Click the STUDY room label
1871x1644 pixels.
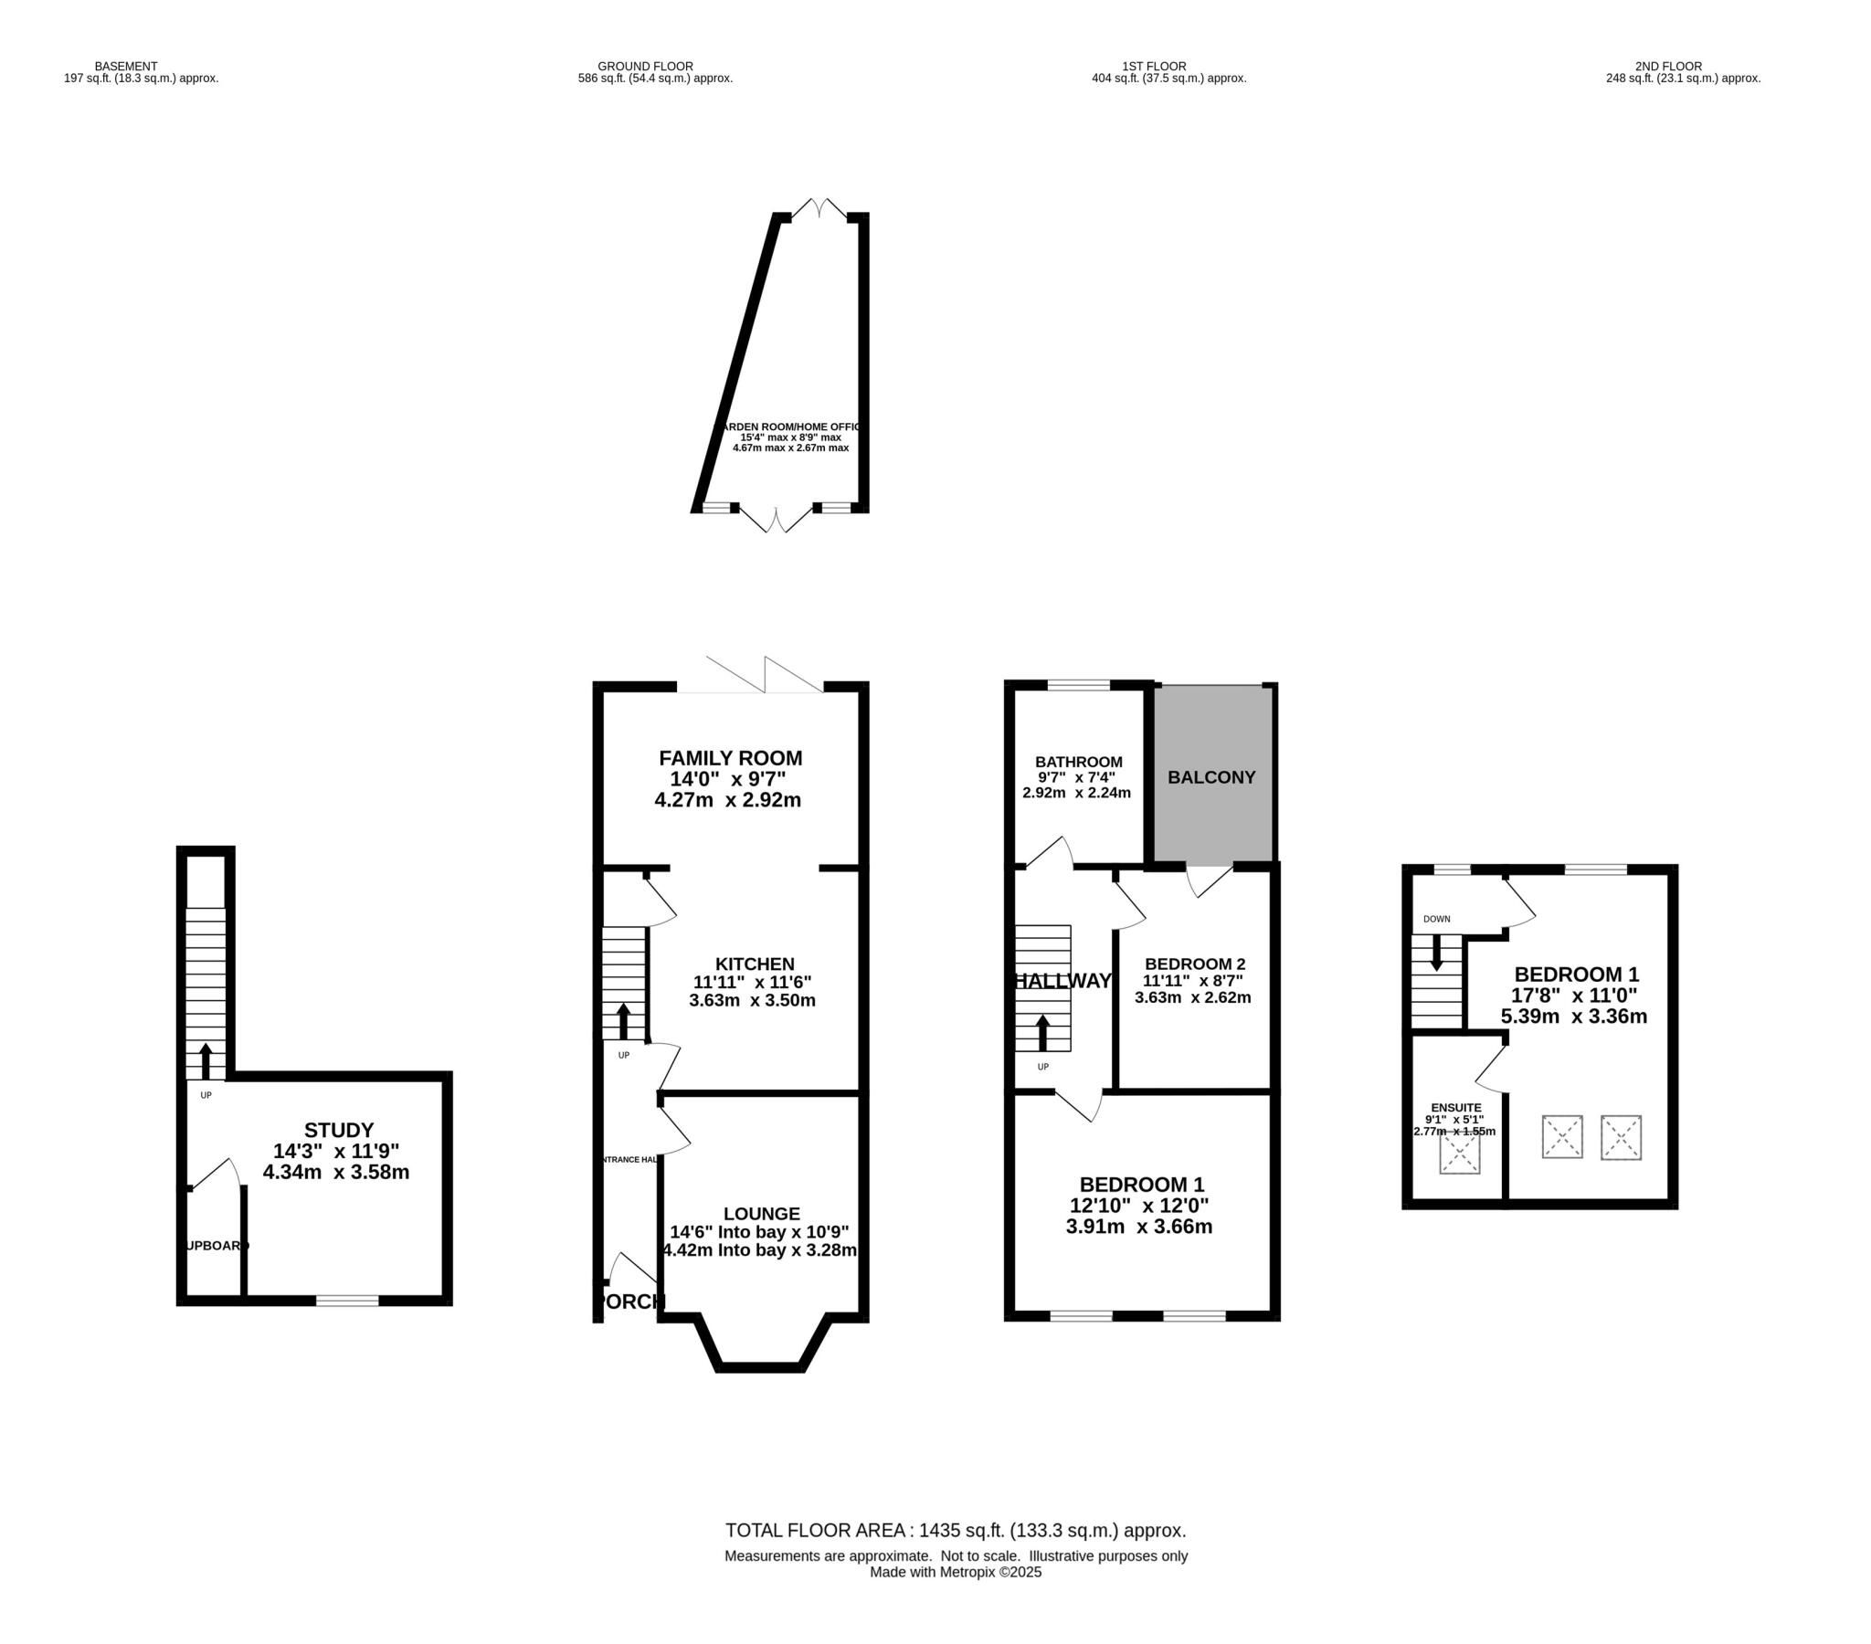[x=339, y=1130]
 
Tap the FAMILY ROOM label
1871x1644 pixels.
[x=731, y=758]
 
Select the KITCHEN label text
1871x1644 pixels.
[x=755, y=964]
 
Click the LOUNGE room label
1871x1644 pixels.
[x=762, y=1214]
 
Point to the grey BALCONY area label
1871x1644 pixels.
[x=1211, y=777]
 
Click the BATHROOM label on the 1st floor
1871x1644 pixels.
[x=1078, y=762]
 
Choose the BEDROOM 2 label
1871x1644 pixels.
[x=1195, y=964]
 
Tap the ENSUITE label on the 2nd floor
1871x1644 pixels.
[x=1455, y=1108]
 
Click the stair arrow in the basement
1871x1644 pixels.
[x=205, y=1061]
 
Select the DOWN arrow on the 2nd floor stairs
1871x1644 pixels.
[x=1436, y=952]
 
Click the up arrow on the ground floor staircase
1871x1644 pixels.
[x=623, y=1021]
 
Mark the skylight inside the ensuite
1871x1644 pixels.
[x=1459, y=1154]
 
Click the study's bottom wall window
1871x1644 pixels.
[x=348, y=1301]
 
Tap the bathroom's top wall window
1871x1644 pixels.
[x=1078, y=684]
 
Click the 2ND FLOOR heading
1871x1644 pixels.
[x=1668, y=66]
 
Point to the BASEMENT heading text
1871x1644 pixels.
[x=126, y=66]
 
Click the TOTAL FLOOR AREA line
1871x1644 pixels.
[x=956, y=1531]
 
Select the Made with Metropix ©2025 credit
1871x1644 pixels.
[x=956, y=1573]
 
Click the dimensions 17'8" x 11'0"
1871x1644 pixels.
[x=1573, y=996]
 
